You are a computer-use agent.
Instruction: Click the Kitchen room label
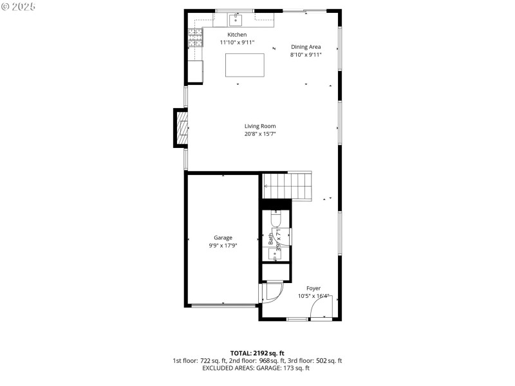237,35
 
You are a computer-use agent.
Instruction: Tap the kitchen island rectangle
245,65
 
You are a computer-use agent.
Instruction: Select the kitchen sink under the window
236,19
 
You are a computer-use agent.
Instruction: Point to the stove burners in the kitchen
194,39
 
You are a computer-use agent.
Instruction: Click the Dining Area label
306,47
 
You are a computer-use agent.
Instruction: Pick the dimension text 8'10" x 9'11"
306,55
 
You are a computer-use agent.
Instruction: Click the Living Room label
260,126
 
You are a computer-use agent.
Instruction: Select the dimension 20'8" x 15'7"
260,134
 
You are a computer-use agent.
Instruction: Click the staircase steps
287,187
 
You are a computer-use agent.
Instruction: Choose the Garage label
223,238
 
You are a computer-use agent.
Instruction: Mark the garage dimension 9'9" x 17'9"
223,245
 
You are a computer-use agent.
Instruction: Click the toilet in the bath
276,221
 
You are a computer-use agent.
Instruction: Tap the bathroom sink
275,253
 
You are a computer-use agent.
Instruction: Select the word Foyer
314,289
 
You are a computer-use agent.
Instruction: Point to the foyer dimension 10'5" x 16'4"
314,297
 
